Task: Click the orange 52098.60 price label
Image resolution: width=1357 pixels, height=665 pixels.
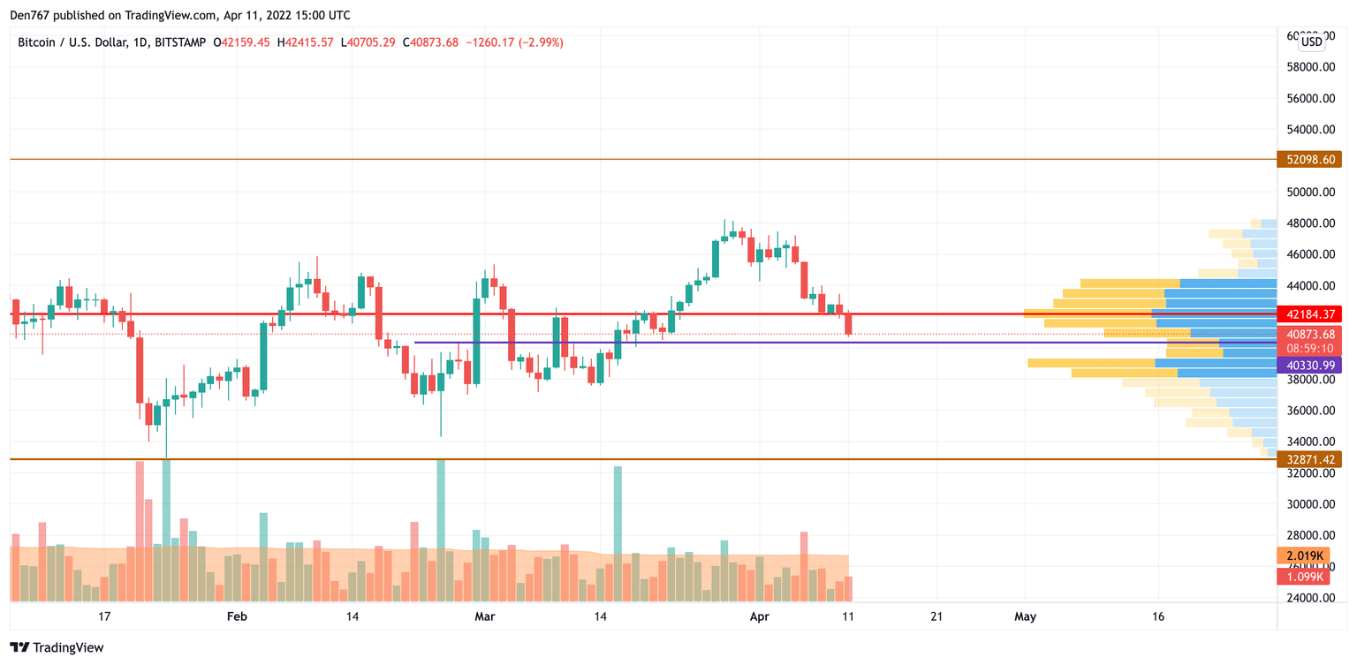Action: [1309, 160]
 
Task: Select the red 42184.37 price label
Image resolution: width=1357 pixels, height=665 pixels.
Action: [1309, 314]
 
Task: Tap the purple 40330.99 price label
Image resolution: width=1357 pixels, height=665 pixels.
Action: [1309, 365]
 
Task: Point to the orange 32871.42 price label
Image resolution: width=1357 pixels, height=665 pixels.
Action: [1309, 459]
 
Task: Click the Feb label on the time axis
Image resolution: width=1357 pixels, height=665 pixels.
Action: [237, 616]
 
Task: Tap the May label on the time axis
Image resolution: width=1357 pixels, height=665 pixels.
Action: [1025, 616]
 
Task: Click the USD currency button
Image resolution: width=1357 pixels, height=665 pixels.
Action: [1312, 42]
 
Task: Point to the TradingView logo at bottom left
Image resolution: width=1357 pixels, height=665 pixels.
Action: [57, 647]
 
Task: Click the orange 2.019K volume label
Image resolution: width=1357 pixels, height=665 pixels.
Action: [1304, 555]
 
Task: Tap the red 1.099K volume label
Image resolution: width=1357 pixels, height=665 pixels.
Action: [1304, 577]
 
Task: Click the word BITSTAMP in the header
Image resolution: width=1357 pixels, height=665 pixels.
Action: [179, 42]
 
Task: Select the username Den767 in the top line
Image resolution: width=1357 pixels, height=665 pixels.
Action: [29, 15]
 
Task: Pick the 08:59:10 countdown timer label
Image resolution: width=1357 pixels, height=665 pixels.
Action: [1309, 349]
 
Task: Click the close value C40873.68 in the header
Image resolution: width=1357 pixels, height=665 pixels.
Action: [430, 42]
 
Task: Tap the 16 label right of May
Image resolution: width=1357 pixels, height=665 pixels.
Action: [1158, 616]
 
